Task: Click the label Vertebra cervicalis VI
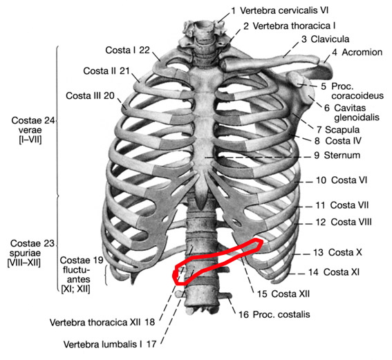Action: coord(284,10)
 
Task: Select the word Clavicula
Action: coord(330,39)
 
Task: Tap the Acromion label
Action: coord(362,53)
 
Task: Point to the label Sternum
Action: coord(342,155)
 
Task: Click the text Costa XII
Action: coord(290,294)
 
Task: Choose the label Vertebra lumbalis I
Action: coord(102,344)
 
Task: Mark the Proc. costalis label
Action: coord(281,314)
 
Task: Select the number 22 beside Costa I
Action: coord(144,50)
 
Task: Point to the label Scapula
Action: coord(342,130)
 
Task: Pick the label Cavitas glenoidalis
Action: coord(357,113)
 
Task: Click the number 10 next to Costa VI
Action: coord(321,180)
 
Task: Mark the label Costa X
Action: coord(345,252)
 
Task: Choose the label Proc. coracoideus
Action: coord(357,91)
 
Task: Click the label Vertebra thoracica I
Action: coord(294,26)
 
